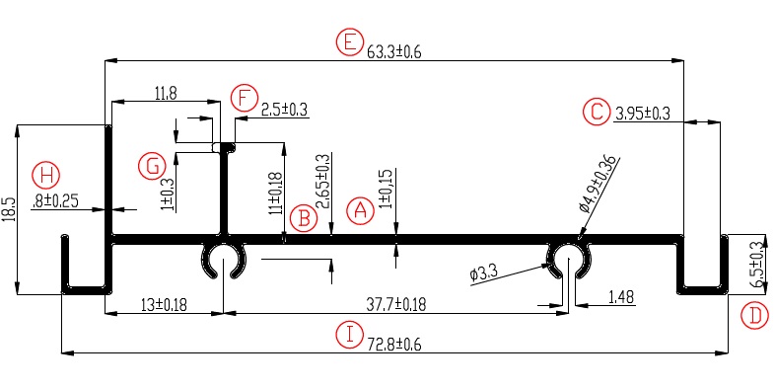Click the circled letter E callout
(x=349, y=42)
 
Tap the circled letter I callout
(x=350, y=335)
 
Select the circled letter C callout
(x=597, y=112)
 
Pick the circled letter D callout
(x=756, y=316)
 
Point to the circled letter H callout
(x=46, y=176)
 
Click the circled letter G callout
(x=153, y=166)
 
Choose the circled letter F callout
(x=245, y=99)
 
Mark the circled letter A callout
(x=361, y=211)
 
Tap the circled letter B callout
(x=304, y=218)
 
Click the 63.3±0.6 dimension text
(x=394, y=52)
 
